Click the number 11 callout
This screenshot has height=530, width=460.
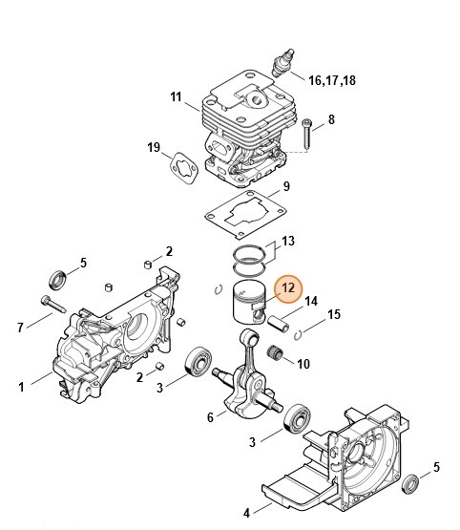click(176, 96)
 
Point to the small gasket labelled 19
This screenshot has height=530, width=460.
click(178, 167)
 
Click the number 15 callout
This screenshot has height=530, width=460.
click(334, 313)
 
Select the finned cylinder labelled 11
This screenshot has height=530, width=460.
click(243, 129)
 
